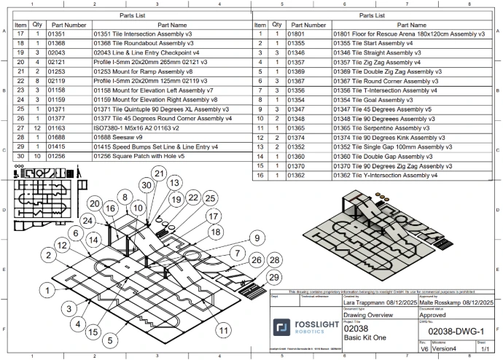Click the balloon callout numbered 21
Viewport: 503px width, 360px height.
[x=158, y=173]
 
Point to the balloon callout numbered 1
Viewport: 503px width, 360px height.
[x=45, y=291]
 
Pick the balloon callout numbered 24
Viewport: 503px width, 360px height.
[x=89, y=221]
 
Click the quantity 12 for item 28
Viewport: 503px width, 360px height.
[x=37, y=127]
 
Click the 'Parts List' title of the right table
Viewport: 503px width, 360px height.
[x=372, y=15]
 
